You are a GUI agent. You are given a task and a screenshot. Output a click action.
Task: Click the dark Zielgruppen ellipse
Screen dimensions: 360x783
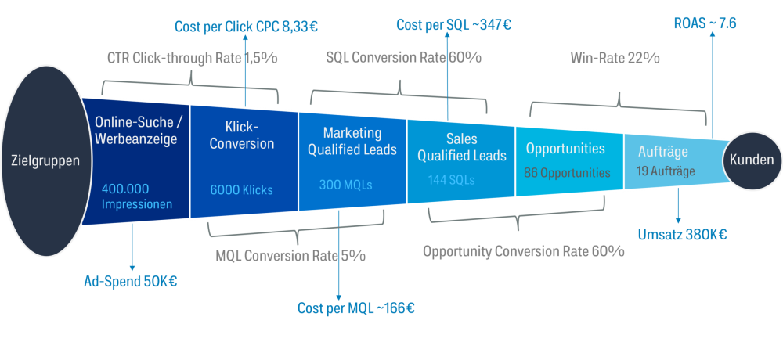[x=45, y=161]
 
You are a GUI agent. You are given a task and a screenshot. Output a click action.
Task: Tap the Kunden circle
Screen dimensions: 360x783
[x=751, y=160]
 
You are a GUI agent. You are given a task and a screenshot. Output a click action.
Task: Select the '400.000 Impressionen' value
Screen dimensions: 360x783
[x=135, y=196]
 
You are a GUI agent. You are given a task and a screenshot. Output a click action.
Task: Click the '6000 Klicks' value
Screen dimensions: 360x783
[x=243, y=189]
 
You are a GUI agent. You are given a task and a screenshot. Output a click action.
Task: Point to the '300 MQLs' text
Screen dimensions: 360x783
[x=345, y=185]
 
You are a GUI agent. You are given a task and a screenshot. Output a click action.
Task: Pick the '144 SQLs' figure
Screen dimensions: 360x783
[x=451, y=179]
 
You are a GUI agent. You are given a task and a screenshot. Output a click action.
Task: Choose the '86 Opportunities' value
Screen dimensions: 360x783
[x=567, y=172]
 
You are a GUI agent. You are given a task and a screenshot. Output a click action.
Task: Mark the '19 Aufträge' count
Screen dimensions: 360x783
[x=665, y=171]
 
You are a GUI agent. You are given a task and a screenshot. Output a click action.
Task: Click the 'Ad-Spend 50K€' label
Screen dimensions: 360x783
[x=130, y=281]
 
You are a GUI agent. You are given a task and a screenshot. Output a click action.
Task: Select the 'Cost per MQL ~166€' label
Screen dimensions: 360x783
[x=355, y=308]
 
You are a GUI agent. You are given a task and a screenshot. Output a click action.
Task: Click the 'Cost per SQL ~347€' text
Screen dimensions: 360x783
[x=453, y=25]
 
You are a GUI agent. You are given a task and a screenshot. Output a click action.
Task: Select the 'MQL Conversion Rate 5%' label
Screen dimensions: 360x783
[x=290, y=256]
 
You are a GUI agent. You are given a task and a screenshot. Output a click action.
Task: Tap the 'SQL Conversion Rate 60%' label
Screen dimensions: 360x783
[x=403, y=58]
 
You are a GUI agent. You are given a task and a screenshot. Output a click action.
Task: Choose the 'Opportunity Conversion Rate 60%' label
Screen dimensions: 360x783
[x=523, y=251]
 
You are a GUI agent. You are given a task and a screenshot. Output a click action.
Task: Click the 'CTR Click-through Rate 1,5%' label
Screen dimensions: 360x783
[x=192, y=59]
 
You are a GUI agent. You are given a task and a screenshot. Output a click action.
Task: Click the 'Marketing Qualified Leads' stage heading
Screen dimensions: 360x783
[x=352, y=141]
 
